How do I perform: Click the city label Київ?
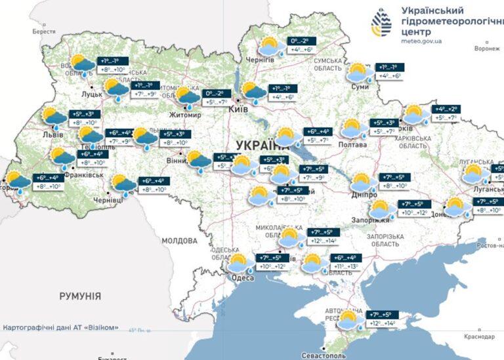pyautogui.click(x=237, y=110)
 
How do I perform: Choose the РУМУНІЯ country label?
pyautogui.click(x=80, y=296)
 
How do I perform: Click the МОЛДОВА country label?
pyautogui.click(x=179, y=241)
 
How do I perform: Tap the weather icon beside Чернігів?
pyautogui.click(x=270, y=47)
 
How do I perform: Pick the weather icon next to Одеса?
pyautogui.click(x=240, y=264)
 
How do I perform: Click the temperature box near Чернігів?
pyautogui.click(x=299, y=45)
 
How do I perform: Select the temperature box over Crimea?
pyautogui.click(x=383, y=319)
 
